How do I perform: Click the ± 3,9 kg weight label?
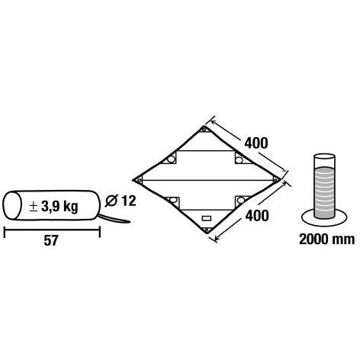[x=53, y=207]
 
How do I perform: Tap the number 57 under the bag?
[x=51, y=240]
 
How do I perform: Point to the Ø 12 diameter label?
[x=121, y=201]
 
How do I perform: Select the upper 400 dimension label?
[x=256, y=143]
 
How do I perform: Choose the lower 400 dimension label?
[x=257, y=216]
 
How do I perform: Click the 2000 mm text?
[x=326, y=239]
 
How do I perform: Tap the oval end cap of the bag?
[x=12, y=205]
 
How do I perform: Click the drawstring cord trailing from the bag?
[x=114, y=219]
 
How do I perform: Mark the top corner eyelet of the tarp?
[x=204, y=130]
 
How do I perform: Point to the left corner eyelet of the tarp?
[x=139, y=181]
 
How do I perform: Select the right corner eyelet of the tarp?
[x=275, y=179]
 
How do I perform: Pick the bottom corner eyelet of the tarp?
[x=207, y=230]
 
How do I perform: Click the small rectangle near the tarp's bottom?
[x=207, y=218]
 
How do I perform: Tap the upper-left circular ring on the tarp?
[x=171, y=159]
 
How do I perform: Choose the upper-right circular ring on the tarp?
[x=239, y=160]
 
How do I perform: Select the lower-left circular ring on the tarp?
[x=173, y=200]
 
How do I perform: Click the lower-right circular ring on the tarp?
[x=240, y=201]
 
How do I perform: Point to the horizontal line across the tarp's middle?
[x=207, y=181]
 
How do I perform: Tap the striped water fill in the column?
[x=324, y=192]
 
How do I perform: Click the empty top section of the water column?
[x=324, y=161]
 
